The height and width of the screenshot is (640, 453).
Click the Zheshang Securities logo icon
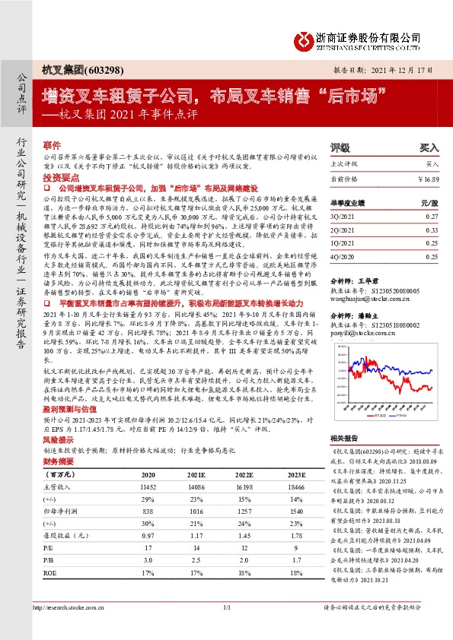pyautogui.click(x=302, y=40)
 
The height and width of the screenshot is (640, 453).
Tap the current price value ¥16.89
pyautogui.click(x=429, y=179)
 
